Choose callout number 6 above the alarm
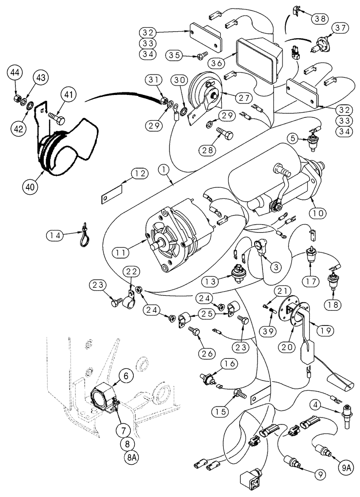tap(126, 377)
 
